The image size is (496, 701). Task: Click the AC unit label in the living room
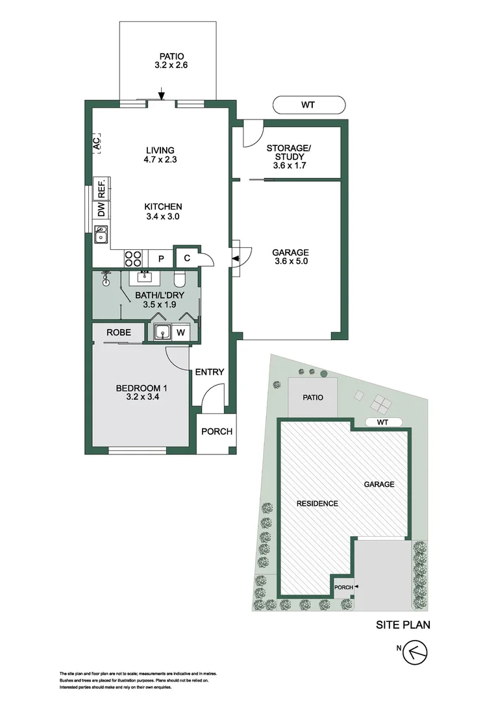(x=97, y=143)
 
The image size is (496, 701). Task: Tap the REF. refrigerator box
(x=102, y=188)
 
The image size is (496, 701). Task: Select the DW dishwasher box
(x=102, y=210)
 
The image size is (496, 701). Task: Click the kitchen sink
(x=102, y=234)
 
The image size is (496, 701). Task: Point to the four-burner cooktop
(x=133, y=258)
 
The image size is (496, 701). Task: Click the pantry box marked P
(x=160, y=258)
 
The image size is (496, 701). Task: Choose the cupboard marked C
(x=187, y=258)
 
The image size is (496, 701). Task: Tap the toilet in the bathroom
(x=181, y=278)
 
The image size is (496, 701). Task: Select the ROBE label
(x=119, y=332)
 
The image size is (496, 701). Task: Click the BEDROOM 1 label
(x=138, y=389)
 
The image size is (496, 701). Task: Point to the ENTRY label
(x=210, y=372)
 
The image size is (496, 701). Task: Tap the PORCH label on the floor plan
(x=216, y=432)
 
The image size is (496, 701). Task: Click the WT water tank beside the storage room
(x=309, y=105)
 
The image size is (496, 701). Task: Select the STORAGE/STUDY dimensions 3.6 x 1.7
(x=288, y=166)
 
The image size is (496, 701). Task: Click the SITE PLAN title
(x=403, y=626)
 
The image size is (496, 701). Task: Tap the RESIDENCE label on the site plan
(x=317, y=504)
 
